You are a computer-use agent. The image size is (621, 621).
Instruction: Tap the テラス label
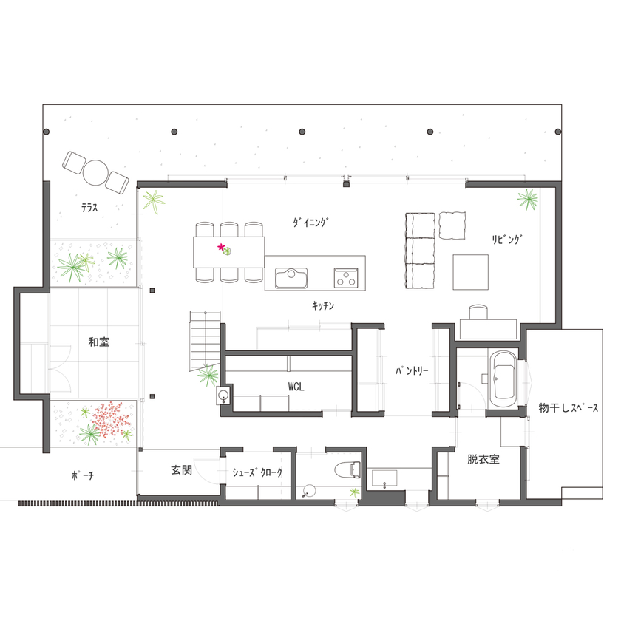click(x=90, y=208)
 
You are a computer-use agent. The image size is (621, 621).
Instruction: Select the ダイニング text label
click(x=310, y=221)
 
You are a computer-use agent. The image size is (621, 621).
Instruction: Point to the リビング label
click(x=508, y=239)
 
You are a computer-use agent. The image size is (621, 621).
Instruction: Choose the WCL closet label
click(x=296, y=386)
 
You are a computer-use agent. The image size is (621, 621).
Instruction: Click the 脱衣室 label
click(x=483, y=459)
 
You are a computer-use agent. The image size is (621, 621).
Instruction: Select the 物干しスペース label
click(x=569, y=408)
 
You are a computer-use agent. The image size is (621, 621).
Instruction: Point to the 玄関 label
click(x=182, y=469)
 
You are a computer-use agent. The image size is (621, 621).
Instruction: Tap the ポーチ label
click(x=82, y=475)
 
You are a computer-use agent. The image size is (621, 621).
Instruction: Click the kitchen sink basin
click(x=293, y=278)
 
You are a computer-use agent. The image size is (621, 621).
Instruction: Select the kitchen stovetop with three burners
click(x=346, y=278)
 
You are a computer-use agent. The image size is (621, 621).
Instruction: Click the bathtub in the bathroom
click(x=503, y=378)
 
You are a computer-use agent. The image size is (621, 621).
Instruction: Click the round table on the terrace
click(x=96, y=172)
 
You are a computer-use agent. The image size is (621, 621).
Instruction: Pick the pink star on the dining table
click(x=220, y=247)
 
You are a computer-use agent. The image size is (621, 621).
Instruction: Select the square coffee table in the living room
click(x=471, y=271)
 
